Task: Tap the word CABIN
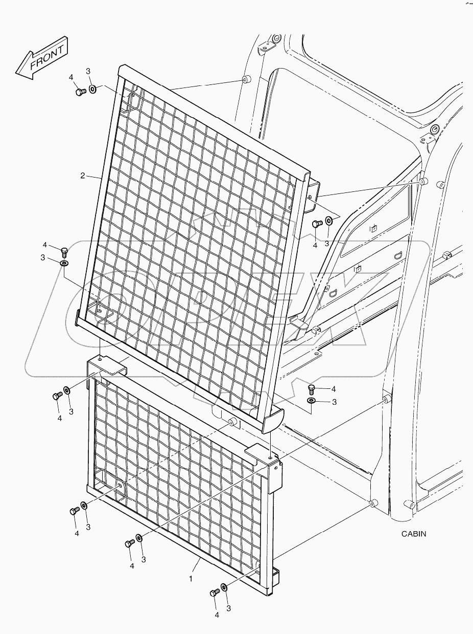click(x=413, y=534)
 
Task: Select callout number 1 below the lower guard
click(x=191, y=579)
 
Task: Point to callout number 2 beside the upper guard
click(x=82, y=176)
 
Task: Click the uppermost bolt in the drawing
click(x=79, y=92)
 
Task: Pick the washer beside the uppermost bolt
click(x=93, y=90)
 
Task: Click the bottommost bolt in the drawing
click(x=215, y=592)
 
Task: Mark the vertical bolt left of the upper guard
click(x=64, y=251)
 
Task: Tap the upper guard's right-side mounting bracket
click(x=311, y=194)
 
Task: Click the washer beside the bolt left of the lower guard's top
click(x=67, y=390)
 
